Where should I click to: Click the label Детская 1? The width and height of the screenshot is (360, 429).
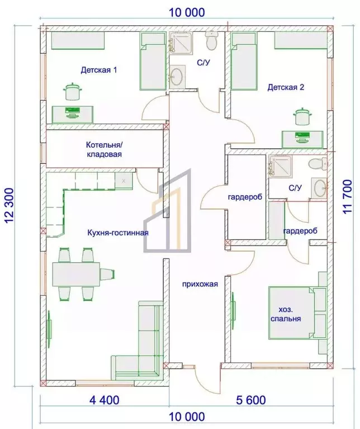(x=99, y=70)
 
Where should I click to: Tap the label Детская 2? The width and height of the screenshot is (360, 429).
(x=286, y=87)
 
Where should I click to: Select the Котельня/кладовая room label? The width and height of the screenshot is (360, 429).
(x=104, y=149)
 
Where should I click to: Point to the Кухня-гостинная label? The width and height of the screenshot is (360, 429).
(x=118, y=233)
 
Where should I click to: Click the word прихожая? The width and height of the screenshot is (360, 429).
(x=200, y=284)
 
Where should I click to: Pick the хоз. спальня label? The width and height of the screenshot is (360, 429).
(x=286, y=314)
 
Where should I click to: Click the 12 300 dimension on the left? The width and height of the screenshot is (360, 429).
(x=10, y=205)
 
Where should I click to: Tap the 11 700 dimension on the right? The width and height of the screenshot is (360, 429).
(x=347, y=197)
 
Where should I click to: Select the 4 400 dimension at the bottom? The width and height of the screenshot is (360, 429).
(x=105, y=400)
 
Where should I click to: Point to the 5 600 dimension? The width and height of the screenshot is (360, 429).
(x=251, y=400)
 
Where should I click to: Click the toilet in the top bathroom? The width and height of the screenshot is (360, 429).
(x=211, y=40)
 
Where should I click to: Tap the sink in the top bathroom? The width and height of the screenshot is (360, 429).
(x=177, y=77)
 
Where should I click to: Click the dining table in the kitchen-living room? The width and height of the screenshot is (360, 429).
(x=76, y=274)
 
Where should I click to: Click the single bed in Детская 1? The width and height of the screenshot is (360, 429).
(x=153, y=61)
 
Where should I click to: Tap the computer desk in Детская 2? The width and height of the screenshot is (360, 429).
(x=302, y=140)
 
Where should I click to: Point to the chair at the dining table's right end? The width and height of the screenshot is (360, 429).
(x=107, y=274)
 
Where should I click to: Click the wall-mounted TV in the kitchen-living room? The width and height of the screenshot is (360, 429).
(x=50, y=328)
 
